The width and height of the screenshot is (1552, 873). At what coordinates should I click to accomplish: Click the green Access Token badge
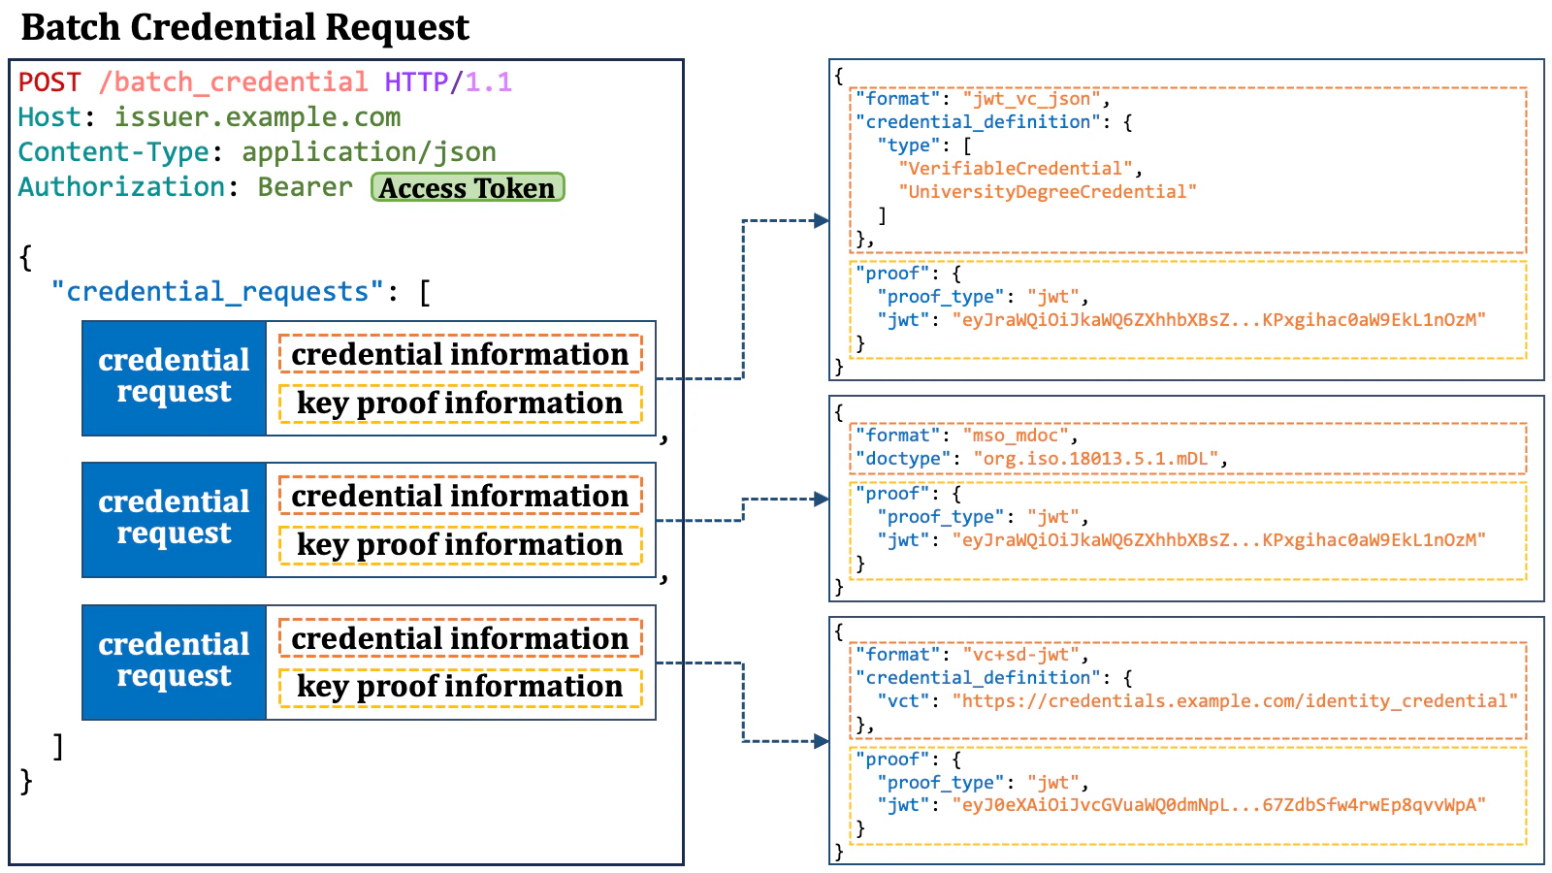coord(468,187)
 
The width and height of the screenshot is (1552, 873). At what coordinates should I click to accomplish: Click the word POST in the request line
coord(49,82)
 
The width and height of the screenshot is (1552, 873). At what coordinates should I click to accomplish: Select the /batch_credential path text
coord(233,82)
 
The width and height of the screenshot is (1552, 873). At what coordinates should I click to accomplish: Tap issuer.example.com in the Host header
coord(257,117)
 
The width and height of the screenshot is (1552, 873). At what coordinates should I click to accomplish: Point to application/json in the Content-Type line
coord(369,152)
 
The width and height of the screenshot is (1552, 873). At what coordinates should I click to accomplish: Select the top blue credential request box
coord(174,377)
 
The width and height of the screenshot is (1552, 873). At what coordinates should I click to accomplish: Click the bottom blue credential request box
coord(174,662)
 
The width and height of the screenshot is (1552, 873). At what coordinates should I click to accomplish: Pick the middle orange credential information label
coord(460,496)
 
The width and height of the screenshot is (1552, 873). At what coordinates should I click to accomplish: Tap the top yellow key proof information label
coord(460,404)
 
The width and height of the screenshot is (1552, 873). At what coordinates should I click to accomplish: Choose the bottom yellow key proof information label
coord(460,687)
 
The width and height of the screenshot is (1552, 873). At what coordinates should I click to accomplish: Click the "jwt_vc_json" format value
coord(1032,98)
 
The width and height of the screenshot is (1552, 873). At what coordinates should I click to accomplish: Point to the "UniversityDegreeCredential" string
coord(1048,191)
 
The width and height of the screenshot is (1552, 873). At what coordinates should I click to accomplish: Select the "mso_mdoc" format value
coord(1016,435)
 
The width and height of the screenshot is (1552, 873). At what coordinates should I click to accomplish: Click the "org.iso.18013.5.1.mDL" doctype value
coord(1096,458)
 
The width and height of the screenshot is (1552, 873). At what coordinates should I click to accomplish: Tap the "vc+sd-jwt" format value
coord(1021,654)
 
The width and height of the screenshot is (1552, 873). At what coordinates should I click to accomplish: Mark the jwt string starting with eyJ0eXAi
coord(1218,804)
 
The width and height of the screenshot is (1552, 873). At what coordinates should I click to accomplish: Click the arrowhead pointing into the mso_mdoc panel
coord(822,499)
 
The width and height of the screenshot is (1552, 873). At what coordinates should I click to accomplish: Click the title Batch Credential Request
coord(245,27)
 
